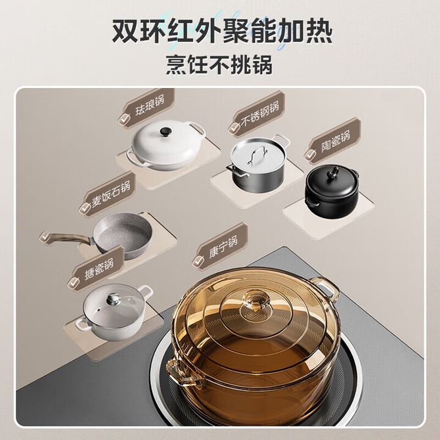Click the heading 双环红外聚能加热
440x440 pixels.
(x=222, y=32)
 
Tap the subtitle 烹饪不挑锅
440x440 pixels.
(x=219, y=65)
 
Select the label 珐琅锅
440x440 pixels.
(x=150, y=106)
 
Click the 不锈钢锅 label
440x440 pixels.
(x=260, y=114)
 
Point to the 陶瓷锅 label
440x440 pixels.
(x=336, y=141)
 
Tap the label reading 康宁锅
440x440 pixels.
(x=223, y=247)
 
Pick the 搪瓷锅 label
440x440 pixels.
(x=99, y=269)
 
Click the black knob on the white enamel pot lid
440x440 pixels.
(x=165, y=131)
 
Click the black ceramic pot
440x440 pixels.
(x=332, y=191)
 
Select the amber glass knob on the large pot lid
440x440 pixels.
(x=256, y=301)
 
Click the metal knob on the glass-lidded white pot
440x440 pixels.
(x=114, y=298)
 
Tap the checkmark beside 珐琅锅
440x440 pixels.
(x=124, y=120)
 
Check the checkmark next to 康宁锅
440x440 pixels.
(x=198, y=261)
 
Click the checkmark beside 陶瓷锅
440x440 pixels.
(x=311, y=154)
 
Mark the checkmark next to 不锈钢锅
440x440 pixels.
(x=234, y=127)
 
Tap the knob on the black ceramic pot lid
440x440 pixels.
(x=334, y=171)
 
